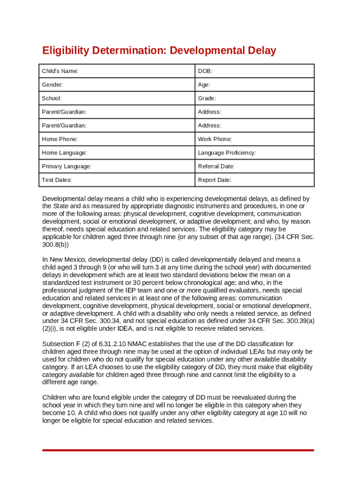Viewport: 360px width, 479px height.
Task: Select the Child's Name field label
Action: click(60, 71)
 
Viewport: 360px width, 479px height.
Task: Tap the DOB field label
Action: click(205, 71)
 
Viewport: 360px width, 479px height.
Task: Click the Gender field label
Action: click(52, 85)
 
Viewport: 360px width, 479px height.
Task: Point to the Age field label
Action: click(204, 85)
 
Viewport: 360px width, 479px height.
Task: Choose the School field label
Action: click(51, 98)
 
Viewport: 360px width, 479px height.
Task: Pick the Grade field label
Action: click(207, 98)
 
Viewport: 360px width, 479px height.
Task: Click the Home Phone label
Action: click(60, 139)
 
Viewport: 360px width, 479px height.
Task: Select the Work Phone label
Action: click(215, 139)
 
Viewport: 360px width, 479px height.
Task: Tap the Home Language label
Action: click(64, 153)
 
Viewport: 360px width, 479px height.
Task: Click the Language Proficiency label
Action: click(227, 153)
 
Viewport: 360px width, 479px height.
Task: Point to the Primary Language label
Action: click(66, 167)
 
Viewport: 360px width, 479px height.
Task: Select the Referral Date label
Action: click(216, 167)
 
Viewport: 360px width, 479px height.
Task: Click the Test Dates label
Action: click(57, 180)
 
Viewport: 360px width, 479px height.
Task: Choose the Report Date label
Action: click(215, 180)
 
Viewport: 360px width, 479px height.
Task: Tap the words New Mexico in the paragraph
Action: click(67, 260)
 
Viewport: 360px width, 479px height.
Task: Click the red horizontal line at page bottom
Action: click(178, 450)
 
